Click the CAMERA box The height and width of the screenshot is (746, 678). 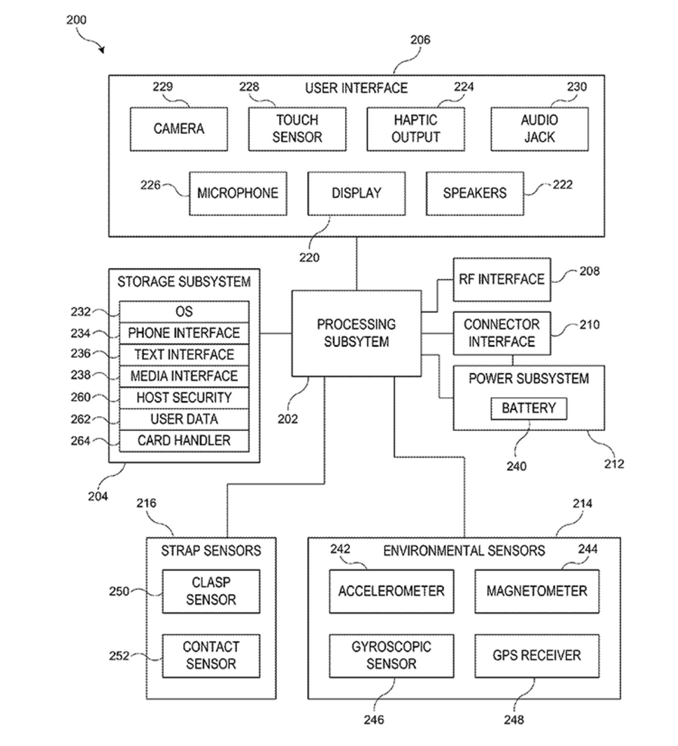(179, 129)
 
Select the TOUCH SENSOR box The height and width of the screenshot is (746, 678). (297, 129)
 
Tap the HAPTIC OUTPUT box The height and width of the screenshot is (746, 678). (415, 129)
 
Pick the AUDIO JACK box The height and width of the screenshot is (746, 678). (540, 129)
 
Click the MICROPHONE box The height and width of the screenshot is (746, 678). (238, 193)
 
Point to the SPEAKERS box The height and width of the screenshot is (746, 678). (475, 193)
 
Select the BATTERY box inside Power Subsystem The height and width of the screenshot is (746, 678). (529, 408)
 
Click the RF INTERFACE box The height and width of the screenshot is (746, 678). (502, 279)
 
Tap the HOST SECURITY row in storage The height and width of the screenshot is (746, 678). (184, 398)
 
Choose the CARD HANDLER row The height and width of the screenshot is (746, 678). (184, 441)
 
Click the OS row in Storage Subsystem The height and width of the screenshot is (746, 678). (184, 311)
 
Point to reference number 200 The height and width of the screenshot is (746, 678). (76, 20)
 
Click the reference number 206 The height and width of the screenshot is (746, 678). (420, 40)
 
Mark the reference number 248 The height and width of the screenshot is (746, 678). (513, 720)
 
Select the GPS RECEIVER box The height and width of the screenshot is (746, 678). (536, 655)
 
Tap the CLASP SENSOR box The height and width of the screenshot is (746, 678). (211, 591)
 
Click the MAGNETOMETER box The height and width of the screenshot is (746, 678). (536, 591)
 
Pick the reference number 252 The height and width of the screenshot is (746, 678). (119, 656)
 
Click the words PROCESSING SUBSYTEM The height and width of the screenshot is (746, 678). (356, 333)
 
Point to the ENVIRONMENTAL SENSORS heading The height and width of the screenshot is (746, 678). (464, 551)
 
